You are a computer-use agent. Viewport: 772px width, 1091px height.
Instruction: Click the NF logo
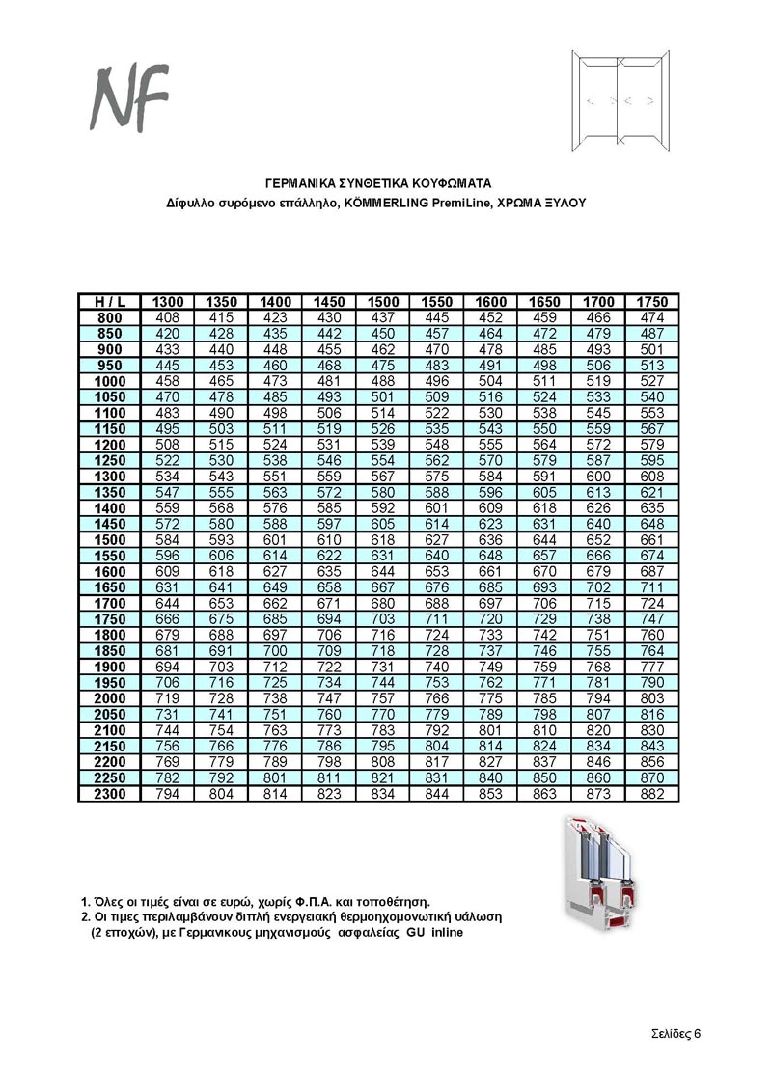pos(129,96)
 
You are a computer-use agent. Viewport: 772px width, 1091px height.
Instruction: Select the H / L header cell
pos(110,302)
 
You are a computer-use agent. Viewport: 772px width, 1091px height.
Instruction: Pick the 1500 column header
pos(383,302)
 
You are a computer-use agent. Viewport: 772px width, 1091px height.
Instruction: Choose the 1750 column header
pos(652,302)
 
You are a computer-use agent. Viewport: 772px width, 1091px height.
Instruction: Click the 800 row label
pos(110,317)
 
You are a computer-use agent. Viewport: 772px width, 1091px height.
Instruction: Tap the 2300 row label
pos(110,794)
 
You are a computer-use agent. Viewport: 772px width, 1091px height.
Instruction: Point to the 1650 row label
pos(110,587)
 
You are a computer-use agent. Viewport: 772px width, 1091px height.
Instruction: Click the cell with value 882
pos(652,794)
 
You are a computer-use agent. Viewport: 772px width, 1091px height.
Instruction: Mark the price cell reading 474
pos(652,317)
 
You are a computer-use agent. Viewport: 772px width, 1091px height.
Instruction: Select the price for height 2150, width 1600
pos(490,746)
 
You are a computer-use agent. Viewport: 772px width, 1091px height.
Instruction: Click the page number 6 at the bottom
pos(696,1033)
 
